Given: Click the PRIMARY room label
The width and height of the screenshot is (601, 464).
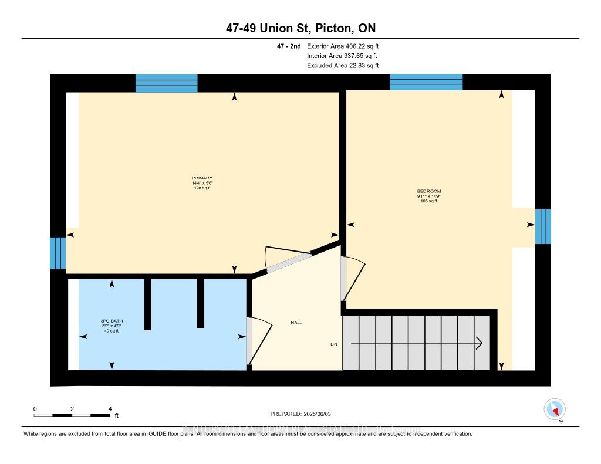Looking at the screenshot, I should point(202,178).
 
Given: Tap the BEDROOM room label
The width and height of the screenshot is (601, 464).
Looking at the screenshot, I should point(428,191).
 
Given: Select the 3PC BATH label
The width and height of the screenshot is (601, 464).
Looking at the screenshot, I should point(112,321).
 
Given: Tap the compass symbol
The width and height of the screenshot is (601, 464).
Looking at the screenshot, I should point(555,409).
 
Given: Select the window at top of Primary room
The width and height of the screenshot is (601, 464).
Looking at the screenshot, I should point(166,83).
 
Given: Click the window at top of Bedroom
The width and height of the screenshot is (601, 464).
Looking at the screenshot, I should point(426,82).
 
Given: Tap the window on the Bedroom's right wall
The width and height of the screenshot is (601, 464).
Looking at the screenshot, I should point(543,226).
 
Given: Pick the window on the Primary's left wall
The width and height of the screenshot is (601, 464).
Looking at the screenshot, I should point(58,253).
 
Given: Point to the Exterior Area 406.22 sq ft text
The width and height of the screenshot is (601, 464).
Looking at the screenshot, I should point(347,46).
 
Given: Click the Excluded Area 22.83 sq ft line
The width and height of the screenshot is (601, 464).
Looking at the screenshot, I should point(343,66).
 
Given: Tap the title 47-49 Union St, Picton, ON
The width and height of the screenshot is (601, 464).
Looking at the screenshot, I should point(300,29).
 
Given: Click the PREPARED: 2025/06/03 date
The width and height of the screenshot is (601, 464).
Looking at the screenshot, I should point(300,414).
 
